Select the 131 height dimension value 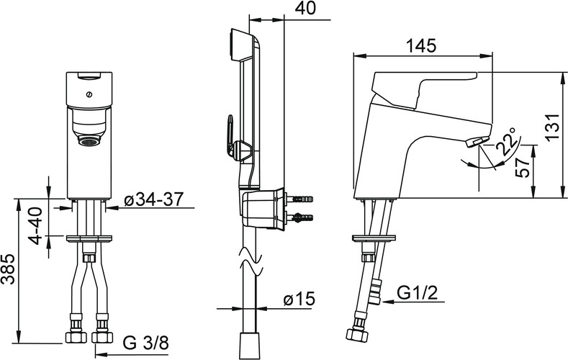(x=553, y=127)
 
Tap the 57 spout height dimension (x=523, y=167)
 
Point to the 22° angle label (x=506, y=141)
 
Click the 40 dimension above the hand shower (x=305, y=8)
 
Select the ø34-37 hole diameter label (x=153, y=199)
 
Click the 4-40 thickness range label (x=37, y=225)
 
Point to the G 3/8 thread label (x=146, y=343)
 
